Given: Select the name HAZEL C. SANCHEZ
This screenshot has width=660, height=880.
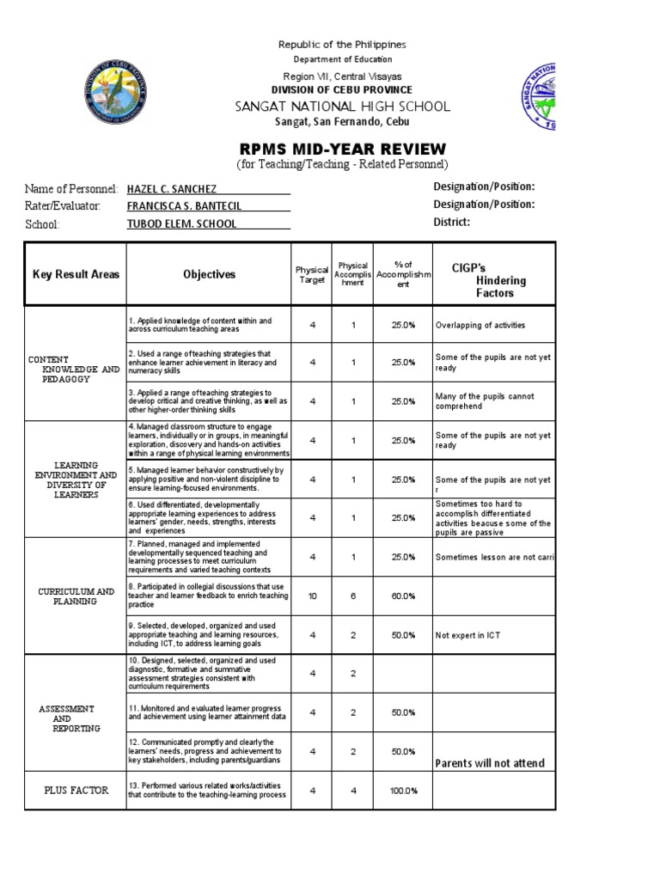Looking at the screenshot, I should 172,188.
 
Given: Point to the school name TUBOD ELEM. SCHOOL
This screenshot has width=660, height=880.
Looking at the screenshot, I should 181,224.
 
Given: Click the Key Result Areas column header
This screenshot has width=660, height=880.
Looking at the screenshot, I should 76,275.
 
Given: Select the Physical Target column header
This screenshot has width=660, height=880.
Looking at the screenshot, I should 312,275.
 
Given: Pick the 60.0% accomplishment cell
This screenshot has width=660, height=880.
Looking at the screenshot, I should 403,596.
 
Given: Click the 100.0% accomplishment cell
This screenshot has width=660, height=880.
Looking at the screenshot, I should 403,791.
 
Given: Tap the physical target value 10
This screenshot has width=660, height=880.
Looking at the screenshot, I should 313,596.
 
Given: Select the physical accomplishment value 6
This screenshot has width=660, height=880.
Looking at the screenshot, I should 353,596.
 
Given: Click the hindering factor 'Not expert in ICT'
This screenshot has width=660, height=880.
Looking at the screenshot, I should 467,635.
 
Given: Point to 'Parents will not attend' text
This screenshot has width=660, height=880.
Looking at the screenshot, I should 490,763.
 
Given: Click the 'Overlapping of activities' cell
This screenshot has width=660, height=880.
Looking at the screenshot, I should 480,326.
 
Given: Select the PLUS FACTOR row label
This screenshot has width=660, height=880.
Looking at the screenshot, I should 76,791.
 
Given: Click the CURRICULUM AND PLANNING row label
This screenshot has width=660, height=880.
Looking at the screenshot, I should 76,596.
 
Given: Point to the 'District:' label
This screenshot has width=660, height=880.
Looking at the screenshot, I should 452,223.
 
